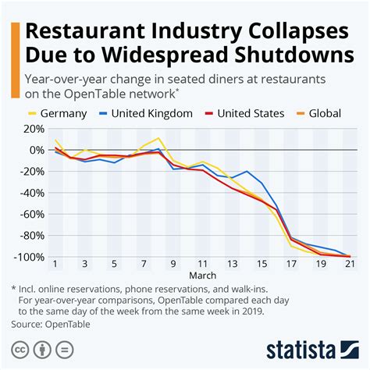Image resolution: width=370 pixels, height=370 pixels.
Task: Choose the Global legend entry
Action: pyautogui.click(x=324, y=114)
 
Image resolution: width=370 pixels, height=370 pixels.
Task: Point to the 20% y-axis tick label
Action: pyautogui.click(x=34, y=129)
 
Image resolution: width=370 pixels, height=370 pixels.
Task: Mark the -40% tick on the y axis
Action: pyautogui.click(x=31, y=193)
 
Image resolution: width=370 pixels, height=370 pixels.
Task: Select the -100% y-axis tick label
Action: pyautogui.click(x=29, y=257)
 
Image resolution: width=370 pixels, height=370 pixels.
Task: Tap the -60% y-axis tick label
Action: pyautogui.click(x=31, y=214)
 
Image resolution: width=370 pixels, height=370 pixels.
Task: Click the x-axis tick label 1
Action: pyautogui.click(x=55, y=264)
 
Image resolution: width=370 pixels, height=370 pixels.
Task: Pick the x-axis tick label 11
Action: pyautogui.click(x=203, y=264)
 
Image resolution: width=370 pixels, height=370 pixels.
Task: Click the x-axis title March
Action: pyautogui.click(x=203, y=276)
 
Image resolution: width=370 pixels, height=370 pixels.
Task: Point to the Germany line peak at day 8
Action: pyautogui.click(x=158, y=138)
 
